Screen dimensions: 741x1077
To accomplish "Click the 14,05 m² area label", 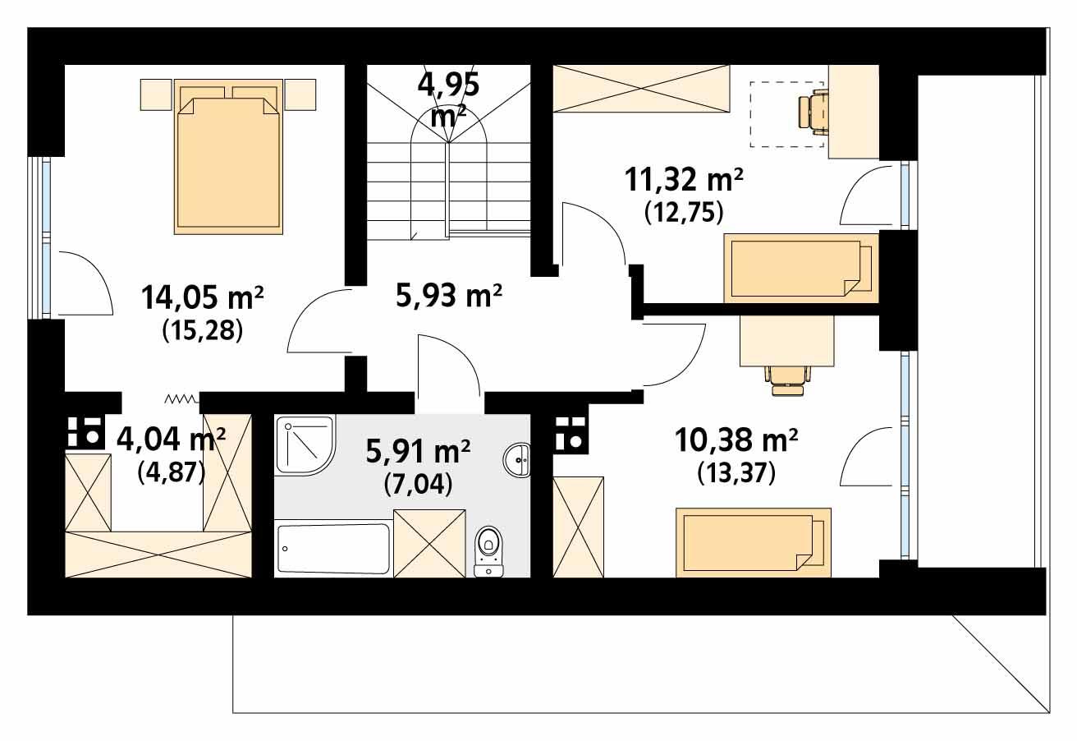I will (201, 296).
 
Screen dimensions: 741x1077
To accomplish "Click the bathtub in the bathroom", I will (333, 548).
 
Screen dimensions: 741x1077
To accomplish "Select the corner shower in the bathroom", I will (304, 444).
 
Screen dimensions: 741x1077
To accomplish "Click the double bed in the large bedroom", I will (227, 156).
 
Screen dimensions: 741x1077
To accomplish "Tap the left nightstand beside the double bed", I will (156, 94).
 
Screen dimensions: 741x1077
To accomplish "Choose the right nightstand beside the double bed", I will (300, 94).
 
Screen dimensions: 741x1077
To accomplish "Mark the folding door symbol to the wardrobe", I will (181, 399).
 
